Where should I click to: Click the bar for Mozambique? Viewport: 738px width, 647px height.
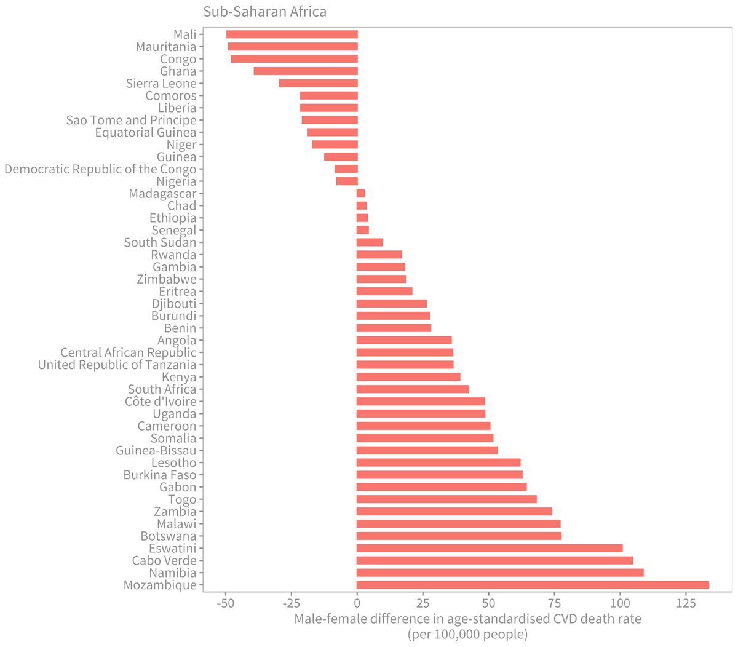(x=533, y=585)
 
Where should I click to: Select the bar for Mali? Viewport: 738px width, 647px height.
(x=292, y=34)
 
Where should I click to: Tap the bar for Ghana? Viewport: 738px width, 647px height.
(x=306, y=71)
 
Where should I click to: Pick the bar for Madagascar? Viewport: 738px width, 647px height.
(x=361, y=194)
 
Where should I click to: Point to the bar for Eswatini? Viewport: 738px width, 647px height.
(x=490, y=548)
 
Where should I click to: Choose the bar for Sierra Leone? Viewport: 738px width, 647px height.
(x=319, y=84)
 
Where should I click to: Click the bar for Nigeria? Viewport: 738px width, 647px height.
(x=347, y=181)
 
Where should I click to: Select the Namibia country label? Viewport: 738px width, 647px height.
(x=173, y=573)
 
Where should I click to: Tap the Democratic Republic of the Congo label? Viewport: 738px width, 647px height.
(x=100, y=169)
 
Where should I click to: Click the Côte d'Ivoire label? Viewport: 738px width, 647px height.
(x=161, y=402)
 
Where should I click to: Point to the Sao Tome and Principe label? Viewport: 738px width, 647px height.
(x=132, y=121)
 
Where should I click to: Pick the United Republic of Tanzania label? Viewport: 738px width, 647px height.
(x=117, y=365)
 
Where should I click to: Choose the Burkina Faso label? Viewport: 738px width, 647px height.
(x=160, y=475)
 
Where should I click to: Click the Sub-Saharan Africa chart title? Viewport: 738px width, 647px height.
(x=265, y=12)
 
